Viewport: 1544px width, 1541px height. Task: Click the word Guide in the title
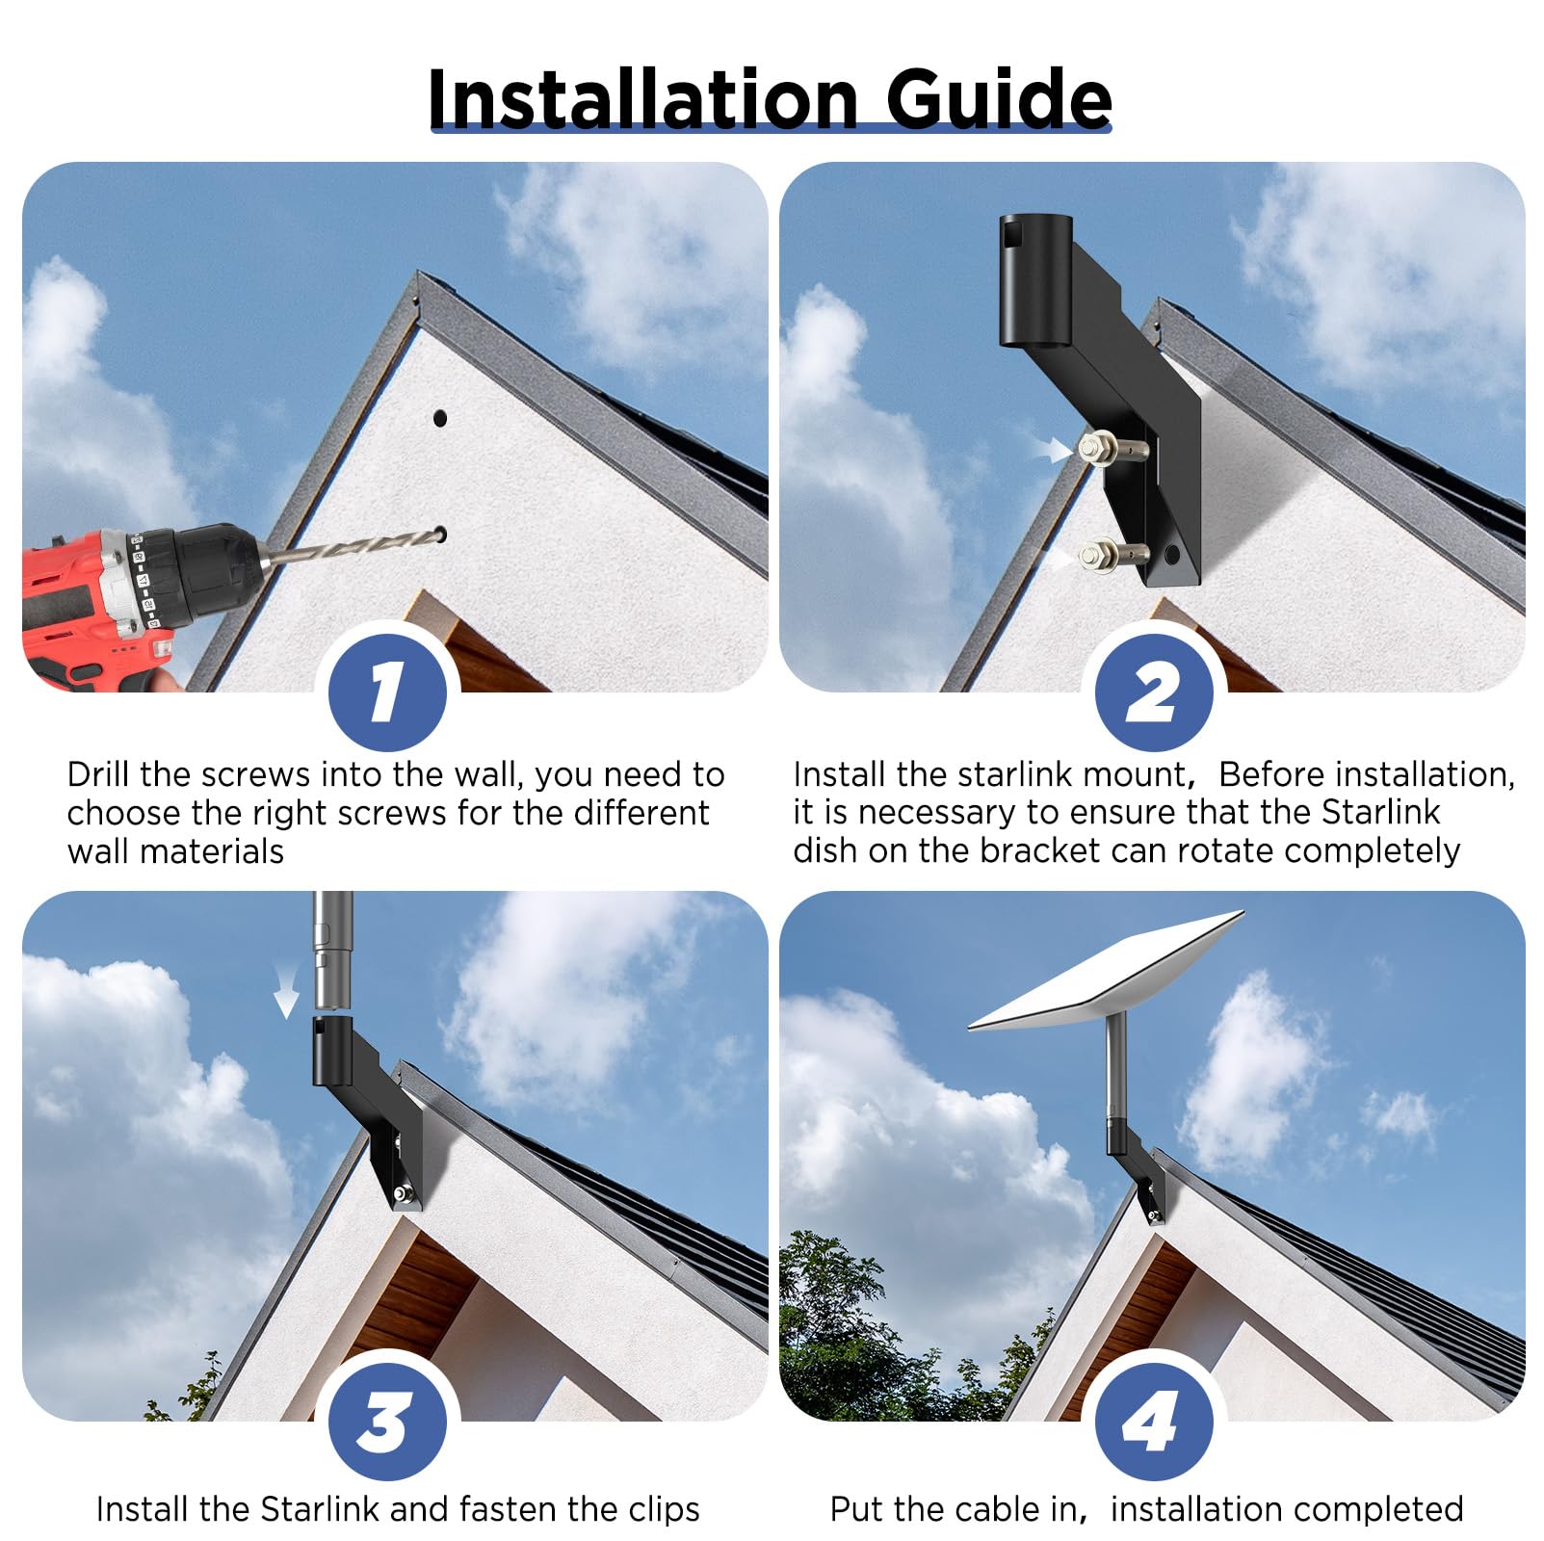[998, 98]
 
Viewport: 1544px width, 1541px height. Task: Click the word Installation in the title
[642, 98]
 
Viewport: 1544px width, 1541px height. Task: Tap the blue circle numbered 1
[387, 692]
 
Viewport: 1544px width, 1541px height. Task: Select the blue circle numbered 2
[1153, 692]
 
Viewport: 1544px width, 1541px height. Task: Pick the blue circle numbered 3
[387, 1422]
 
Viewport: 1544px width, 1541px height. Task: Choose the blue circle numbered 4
[1153, 1422]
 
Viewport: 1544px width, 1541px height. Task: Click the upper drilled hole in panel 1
[440, 418]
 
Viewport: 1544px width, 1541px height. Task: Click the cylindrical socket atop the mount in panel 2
[1035, 279]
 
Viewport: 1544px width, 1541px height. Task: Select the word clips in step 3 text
[664, 1509]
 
